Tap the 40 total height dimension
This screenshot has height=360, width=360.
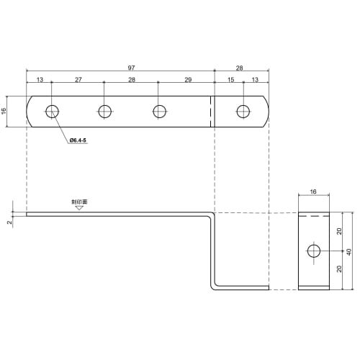349,251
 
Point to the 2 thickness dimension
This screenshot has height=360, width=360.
9,222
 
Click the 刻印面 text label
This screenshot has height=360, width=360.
78,203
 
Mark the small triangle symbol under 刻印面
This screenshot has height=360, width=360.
78,210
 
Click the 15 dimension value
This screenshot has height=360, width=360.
230,79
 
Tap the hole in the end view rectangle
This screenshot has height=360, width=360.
313,251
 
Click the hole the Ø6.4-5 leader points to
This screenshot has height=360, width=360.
52,111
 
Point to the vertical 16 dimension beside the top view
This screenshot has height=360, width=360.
4,111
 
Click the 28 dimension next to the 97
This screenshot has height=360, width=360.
239,68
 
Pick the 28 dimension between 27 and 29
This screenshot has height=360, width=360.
132,79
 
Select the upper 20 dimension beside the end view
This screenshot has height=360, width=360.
338,232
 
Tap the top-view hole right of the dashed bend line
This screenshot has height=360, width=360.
244,111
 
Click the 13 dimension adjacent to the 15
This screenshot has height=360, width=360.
256,79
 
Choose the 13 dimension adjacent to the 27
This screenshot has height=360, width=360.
39,79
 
